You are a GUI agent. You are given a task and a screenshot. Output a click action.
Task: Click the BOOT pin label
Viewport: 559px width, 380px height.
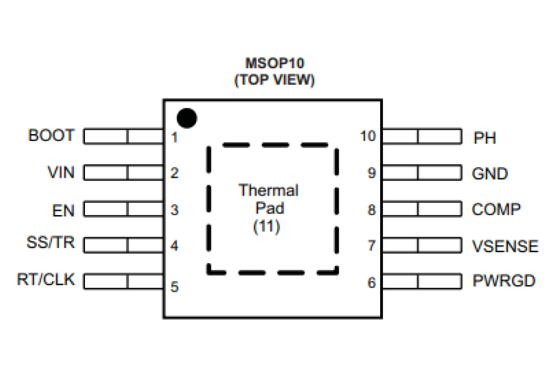pos(51,135)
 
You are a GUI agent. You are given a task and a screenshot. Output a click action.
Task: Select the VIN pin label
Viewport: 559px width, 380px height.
pos(60,172)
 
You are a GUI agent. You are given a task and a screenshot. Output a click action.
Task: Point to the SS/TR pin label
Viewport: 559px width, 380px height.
pos(50,244)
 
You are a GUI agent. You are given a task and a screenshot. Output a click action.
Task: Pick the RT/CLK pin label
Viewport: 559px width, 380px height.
pos(46,279)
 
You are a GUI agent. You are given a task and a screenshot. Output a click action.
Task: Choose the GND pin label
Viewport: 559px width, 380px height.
pos(490,174)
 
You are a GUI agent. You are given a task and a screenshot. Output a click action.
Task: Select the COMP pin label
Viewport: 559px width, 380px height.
pos(496,210)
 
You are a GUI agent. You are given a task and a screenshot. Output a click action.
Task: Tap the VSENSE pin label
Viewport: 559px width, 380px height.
pos(505,246)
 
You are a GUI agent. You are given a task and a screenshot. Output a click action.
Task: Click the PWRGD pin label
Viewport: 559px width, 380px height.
pos(504,281)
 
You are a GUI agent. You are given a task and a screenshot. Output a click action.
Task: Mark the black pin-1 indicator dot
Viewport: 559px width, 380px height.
pos(186,117)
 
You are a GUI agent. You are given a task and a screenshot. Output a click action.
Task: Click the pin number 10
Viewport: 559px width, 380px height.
pos(368,136)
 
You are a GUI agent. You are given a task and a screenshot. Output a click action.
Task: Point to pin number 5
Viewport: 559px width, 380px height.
pos(174,287)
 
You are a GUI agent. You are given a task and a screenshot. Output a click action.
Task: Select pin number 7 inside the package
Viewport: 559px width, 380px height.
pos(371,245)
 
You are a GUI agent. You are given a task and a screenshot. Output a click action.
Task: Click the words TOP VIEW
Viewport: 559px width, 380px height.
pos(274,80)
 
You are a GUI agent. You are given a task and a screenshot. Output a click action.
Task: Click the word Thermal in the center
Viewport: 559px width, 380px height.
pos(269,190)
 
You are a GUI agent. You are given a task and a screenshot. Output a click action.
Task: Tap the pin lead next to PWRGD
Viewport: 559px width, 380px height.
pos(422,281)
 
